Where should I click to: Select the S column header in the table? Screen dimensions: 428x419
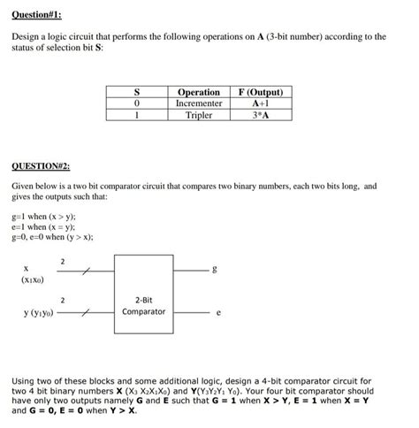[136, 92]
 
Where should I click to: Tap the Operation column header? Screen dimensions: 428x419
[199, 92]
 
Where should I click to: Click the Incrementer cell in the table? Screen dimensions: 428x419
[199, 103]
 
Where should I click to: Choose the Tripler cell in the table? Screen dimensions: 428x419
[199, 115]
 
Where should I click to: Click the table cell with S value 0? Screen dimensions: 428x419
[136, 103]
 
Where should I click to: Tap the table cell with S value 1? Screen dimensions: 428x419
[136, 115]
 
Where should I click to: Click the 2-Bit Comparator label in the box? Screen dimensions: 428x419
[143, 306]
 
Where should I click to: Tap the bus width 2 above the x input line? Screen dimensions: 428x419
[62, 260]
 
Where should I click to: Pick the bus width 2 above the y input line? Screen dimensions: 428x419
[62, 301]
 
